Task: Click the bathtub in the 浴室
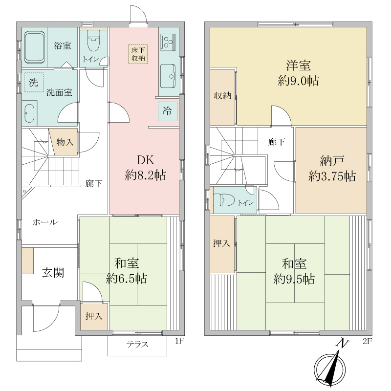[35, 47]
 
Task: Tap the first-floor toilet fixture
[93, 41]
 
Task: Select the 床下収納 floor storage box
[138, 54]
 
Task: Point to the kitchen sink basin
[168, 76]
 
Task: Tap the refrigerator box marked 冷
[167, 111]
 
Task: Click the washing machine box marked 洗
[34, 82]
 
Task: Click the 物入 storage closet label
[65, 142]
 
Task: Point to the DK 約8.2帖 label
[146, 168]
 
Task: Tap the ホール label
[45, 222]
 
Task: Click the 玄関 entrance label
[53, 273]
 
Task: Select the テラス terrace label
[137, 345]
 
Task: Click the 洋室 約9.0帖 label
[298, 73]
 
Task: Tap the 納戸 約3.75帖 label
[332, 168]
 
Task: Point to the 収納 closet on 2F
[223, 96]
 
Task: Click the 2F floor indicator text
[367, 341]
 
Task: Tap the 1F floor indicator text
[179, 341]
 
